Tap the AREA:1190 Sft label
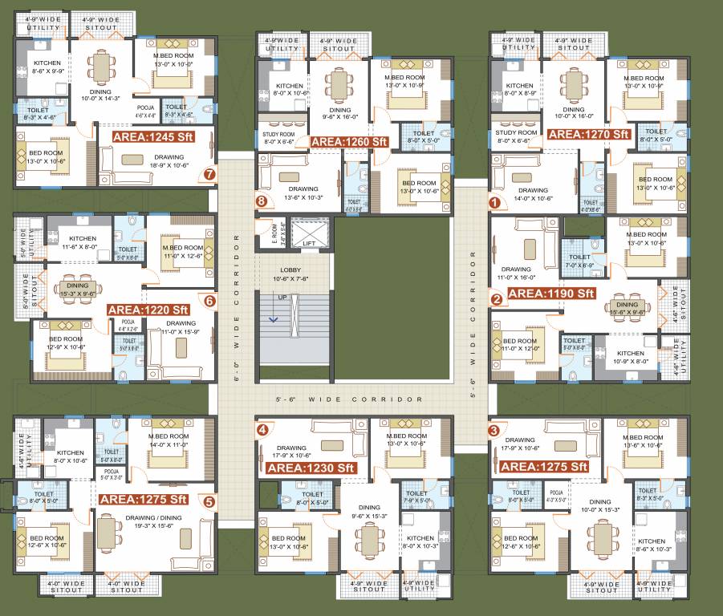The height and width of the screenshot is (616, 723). point(551,294)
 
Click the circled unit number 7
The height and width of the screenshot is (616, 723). point(209,173)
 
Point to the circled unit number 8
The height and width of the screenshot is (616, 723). point(261,202)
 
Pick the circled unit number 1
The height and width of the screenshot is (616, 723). point(495,203)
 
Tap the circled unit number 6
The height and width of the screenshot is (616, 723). point(209,302)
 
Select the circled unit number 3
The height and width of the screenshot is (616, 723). point(493,430)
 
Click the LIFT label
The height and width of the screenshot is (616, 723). point(309,242)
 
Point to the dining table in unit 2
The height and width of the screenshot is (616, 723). point(627,305)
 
